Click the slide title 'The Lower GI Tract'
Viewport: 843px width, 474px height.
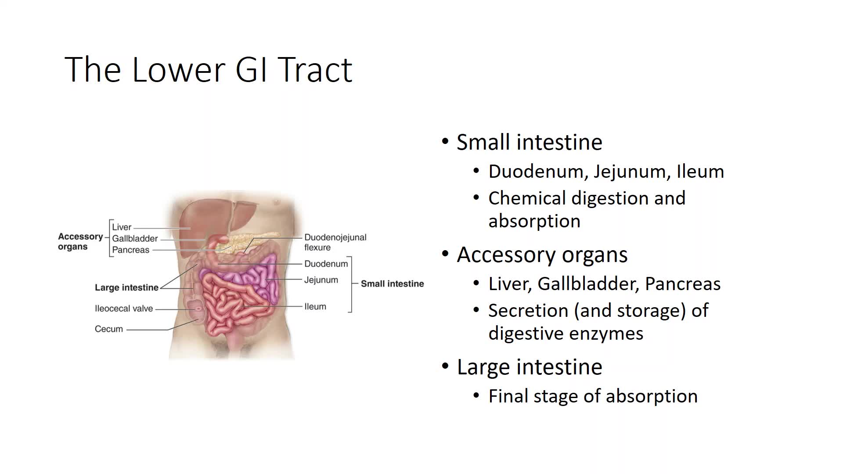[209, 69]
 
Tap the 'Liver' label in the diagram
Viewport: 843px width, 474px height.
[122, 227]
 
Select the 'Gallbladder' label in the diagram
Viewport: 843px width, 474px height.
[135, 238]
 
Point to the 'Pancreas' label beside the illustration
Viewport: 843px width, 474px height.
[131, 250]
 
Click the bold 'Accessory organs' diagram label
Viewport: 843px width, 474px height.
[80, 241]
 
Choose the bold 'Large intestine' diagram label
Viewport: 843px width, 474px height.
[126, 287]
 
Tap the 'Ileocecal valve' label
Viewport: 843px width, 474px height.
[124, 309]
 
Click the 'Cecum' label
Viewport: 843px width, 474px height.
[109, 329]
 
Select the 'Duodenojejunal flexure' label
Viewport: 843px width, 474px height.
[335, 242]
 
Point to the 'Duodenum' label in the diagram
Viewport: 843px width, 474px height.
[326, 264]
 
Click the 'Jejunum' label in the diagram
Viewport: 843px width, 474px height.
[321, 280]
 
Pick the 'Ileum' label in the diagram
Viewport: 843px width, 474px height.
[315, 306]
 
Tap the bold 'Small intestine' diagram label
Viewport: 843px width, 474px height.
[393, 284]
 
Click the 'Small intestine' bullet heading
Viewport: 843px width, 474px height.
[530, 142]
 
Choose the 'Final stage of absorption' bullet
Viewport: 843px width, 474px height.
[593, 396]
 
